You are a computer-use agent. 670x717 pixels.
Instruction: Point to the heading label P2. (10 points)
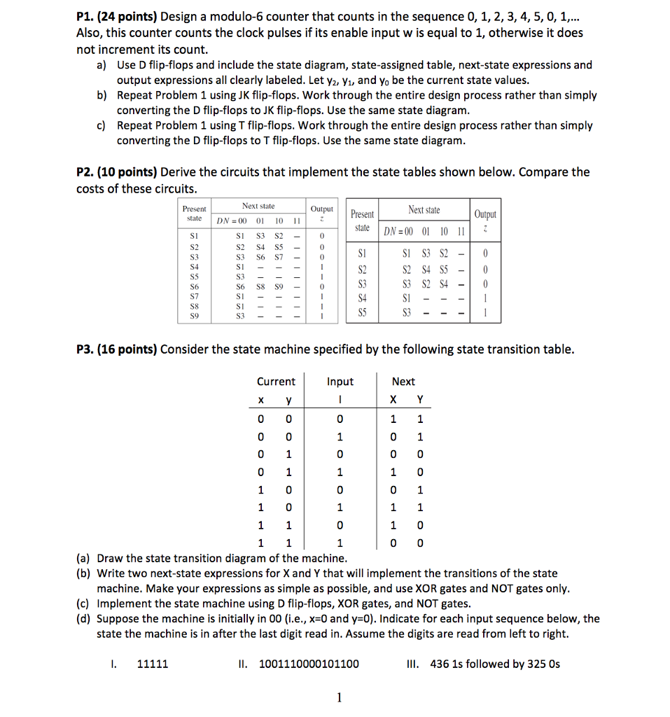point(116,172)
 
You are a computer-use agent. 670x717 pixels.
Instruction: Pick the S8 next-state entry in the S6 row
point(258,287)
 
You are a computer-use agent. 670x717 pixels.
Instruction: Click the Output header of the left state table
point(322,209)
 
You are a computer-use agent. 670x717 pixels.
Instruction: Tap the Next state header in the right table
point(424,210)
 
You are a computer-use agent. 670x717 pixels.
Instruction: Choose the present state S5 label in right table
point(362,312)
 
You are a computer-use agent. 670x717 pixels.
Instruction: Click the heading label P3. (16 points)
point(116,349)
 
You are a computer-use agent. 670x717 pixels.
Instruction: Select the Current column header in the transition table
point(276,382)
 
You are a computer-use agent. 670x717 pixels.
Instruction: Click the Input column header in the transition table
point(340,382)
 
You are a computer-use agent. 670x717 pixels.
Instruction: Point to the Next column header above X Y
point(403,382)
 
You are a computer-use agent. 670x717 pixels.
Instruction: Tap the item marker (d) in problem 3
point(83,619)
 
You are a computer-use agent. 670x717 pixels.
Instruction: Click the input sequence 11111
point(153,664)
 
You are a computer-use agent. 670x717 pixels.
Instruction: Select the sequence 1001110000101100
point(309,664)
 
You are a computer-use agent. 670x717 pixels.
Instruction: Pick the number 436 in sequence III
point(440,664)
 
